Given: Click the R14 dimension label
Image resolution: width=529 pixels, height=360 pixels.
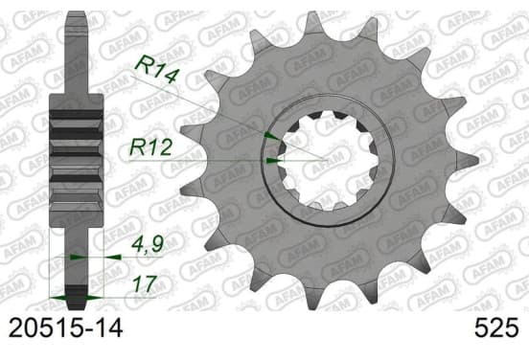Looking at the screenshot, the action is [x=156, y=69].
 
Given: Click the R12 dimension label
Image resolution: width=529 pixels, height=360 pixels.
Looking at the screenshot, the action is [x=150, y=147].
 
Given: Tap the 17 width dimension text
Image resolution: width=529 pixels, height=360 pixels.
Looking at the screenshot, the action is [x=145, y=283].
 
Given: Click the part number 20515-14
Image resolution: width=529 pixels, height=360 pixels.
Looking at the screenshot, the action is [x=65, y=328].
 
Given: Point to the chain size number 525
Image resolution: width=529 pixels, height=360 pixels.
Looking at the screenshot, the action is [x=496, y=328].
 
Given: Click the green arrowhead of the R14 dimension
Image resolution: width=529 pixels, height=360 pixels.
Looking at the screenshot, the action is [x=272, y=136].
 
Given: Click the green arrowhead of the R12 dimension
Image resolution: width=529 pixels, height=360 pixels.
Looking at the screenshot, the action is [x=273, y=161].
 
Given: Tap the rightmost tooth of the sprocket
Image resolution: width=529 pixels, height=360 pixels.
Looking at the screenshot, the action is [x=468, y=160].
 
